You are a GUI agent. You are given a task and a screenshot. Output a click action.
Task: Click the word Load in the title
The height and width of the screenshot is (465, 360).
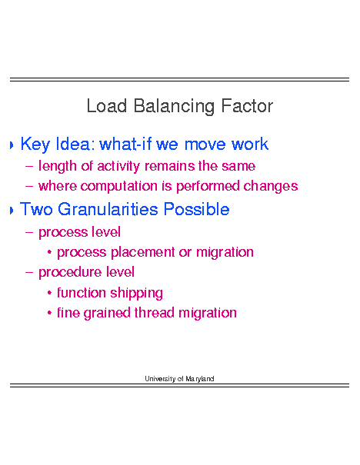pyautogui.click(x=107, y=106)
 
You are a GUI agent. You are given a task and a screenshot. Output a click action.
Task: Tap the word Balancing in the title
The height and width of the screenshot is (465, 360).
pyautogui.click(x=174, y=107)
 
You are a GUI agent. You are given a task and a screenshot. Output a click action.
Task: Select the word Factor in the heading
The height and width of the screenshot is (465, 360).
pyautogui.click(x=247, y=106)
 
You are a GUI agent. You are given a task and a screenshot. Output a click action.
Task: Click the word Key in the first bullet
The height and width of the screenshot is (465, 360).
pyautogui.click(x=35, y=144)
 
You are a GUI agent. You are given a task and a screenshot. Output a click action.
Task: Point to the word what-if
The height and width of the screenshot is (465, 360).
pyautogui.click(x=125, y=144)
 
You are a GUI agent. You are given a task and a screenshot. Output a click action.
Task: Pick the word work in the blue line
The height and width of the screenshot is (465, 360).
pyautogui.click(x=250, y=144)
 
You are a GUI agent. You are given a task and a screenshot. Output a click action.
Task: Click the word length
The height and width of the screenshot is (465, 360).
pyautogui.click(x=57, y=166)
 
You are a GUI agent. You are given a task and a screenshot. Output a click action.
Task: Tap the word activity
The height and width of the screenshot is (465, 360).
pyautogui.click(x=118, y=166)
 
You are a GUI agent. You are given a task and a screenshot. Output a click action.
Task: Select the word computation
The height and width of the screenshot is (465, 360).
pyautogui.click(x=118, y=187)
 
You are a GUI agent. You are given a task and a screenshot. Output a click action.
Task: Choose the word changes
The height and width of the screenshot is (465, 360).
pyautogui.click(x=270, y=187)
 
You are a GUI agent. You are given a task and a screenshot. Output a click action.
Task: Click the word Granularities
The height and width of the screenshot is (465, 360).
pyautogui.click(x=108, y=209)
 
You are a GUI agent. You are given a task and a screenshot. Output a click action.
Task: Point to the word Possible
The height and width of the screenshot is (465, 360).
pyautogui.click(x=196, y=209)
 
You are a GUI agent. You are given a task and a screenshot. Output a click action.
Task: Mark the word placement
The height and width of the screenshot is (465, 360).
pyautogui.click(x=143, y=253)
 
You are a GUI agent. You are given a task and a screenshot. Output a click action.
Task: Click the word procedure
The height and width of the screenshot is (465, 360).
pyautogui.click(x=70, y=273)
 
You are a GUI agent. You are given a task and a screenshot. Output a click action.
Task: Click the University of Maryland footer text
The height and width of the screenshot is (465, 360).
pyautogui.click(x=179, y=379)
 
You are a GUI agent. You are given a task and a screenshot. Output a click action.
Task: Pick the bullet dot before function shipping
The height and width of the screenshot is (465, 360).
pyautogui.click(x=49, y=293)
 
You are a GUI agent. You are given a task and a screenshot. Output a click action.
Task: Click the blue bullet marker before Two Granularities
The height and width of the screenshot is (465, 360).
pyautogui.click(x=12, y=211)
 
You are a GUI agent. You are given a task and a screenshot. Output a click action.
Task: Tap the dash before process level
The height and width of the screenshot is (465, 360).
pyautogui.click(x=29, y=232)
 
